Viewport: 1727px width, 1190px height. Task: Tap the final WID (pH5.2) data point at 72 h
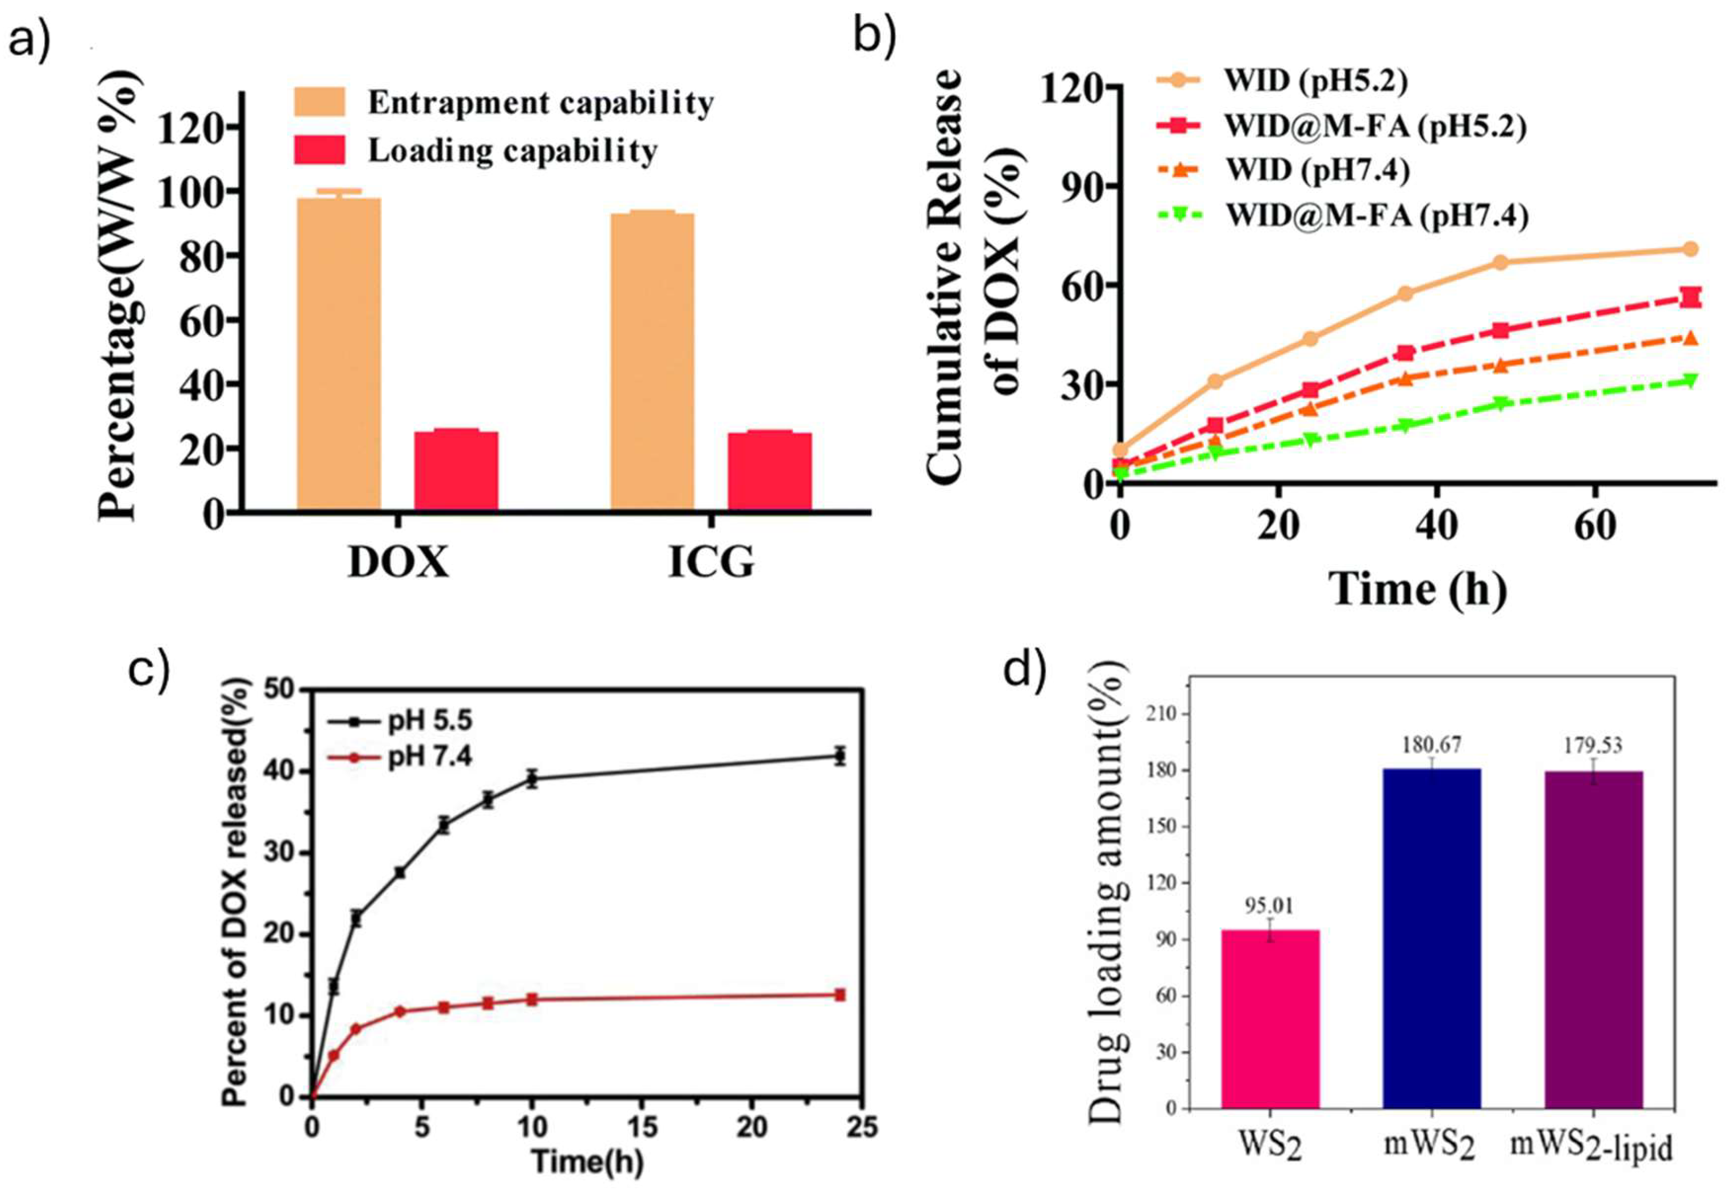(x=1690, y=249)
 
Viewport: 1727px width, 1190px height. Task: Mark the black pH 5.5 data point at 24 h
(x=840, y=756)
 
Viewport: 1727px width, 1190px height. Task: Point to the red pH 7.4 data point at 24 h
(x=840, y=995)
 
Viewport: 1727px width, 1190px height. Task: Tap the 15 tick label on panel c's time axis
(x=643, y=1128)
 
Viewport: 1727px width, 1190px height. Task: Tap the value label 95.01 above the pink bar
(x=1269, y=905)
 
